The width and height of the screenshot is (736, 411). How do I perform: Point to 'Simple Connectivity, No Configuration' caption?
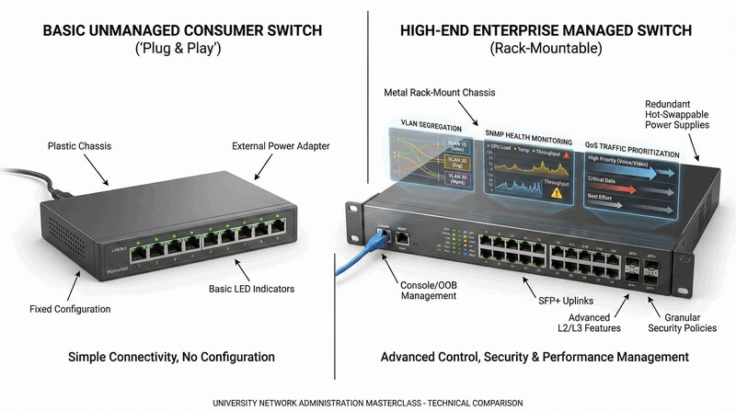pyautogui.click(x=171, y=356)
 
